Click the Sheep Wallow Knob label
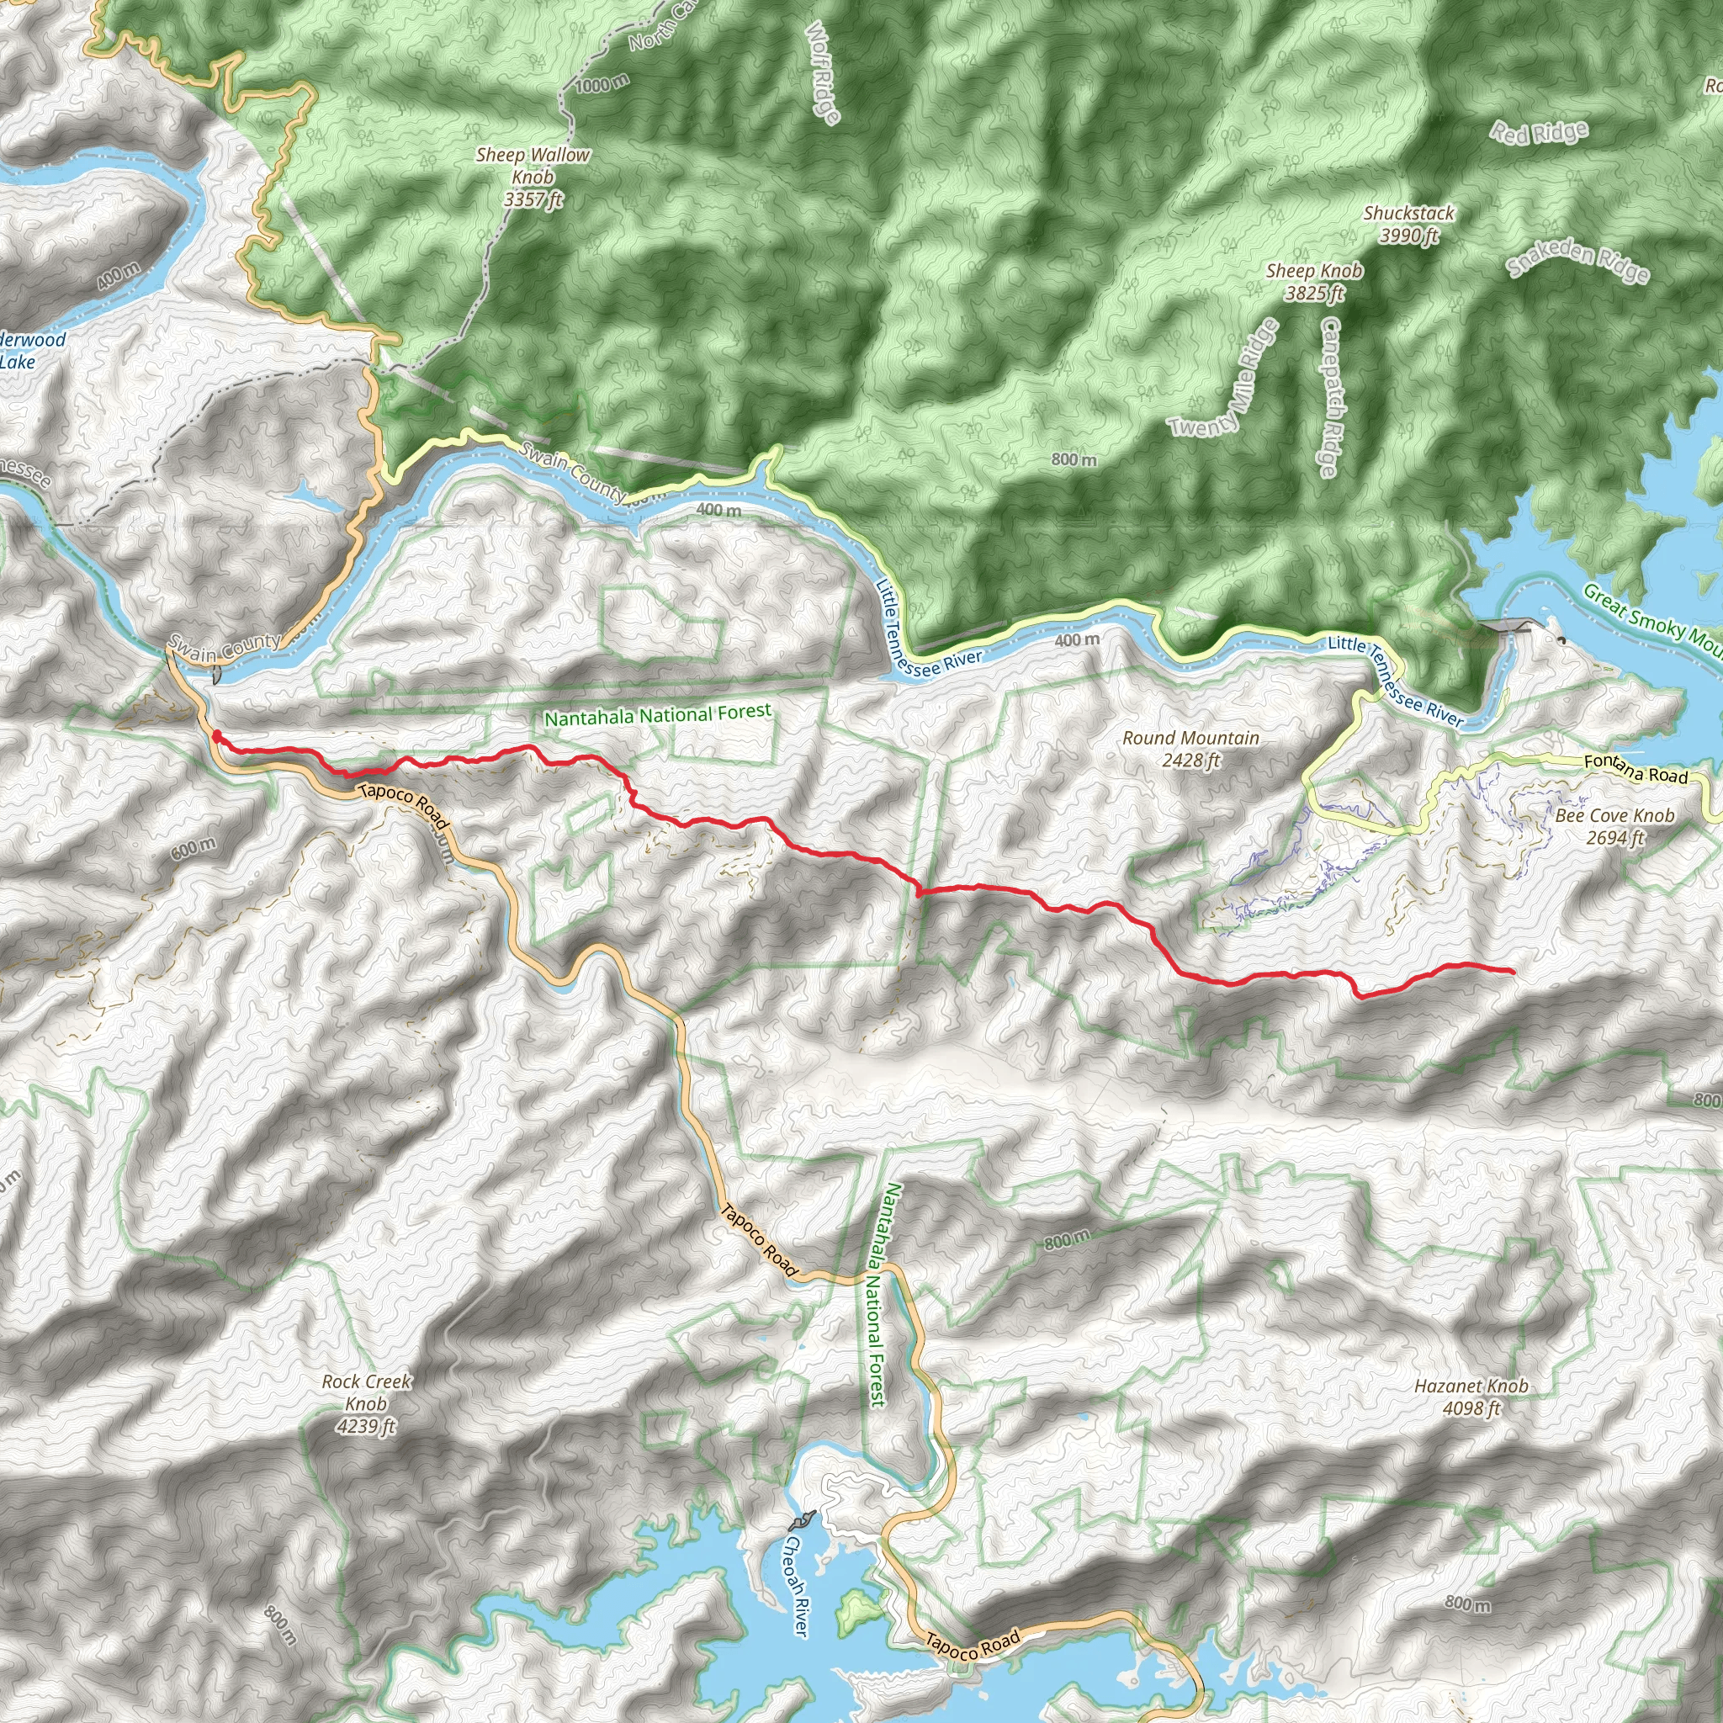533,177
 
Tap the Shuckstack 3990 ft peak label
1408,224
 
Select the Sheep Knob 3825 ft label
1313,281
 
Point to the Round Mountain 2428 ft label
1190,748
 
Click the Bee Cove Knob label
1614,826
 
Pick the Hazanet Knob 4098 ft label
1471,1397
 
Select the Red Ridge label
1540,133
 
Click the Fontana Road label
1636,769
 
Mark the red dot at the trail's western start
217,736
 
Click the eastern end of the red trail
1513,970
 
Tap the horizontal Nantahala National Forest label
657,714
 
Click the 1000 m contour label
602,85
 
